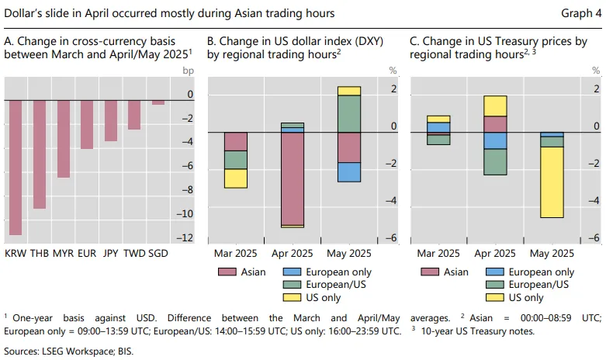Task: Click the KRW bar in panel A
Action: pyautogui.click(x=16, y=168)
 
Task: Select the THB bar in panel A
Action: pyautogui.click(x=40, y=154)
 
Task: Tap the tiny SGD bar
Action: pyautogui.click(x=158, y=102)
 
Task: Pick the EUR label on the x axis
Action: pyautogui.click(x=87, y=254)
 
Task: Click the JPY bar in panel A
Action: pyautogui.click(x=111, y=120)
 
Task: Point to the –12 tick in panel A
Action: pyautogui.click(x=185, y=237)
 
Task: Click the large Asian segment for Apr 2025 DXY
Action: pyautogui.click(x=293, y=179)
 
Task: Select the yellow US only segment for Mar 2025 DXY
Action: pyautogui.click(x=236, y=178)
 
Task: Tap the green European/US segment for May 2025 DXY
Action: pyautogui.click(x=349, y=114)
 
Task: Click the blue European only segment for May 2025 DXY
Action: pyautogui.click(x=349, y=172)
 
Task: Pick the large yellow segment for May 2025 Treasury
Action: pyautogui.click(x=552, y=182)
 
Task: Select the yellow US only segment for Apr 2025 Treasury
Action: pyautogui.click(x=495, y=106)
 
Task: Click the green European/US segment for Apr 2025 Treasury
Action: pyautogui.click(x=495, y=162)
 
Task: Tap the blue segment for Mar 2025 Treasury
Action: pyautogui.click(x=438, y=127)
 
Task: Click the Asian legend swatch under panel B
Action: pyautogui.click(x=227, y=272)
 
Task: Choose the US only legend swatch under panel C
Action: pyautogui.click(x=495, y=297)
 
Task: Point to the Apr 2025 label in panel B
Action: pyautogui.click(x=293, y=254)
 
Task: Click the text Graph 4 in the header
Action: pyautogui.click(x=581, y=13)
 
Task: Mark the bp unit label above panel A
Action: pyautogui.click(x=189, y=71)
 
